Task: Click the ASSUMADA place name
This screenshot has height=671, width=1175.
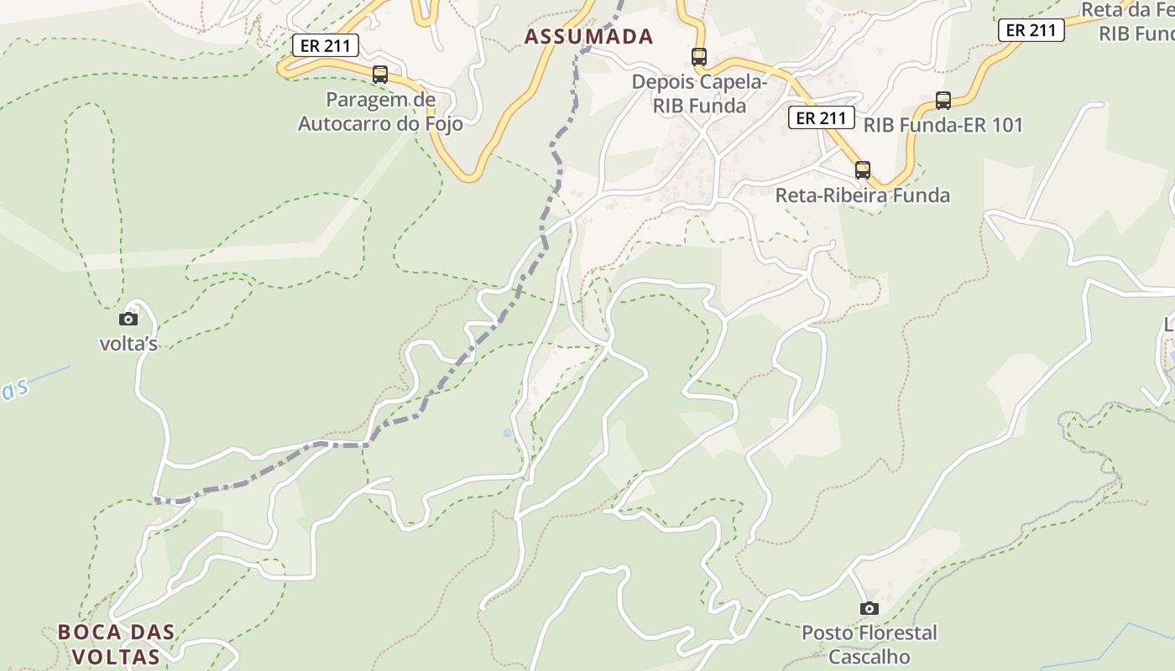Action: [588, 36]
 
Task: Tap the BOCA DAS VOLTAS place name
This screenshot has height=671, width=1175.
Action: [116, 643]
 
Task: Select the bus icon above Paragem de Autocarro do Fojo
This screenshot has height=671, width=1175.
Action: [380, 75]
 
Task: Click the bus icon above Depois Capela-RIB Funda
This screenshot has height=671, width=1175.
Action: [699, 57]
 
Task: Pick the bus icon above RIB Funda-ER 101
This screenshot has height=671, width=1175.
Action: [943, 101]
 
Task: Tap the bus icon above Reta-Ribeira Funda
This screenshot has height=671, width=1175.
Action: [863, 170]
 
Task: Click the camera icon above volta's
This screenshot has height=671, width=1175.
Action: [128, 319]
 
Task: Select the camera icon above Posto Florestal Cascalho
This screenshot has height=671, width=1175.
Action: [869, 608]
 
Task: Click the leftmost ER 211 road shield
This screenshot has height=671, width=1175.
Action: [326, 45]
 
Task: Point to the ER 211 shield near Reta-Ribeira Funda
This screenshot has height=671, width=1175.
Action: [822, 118]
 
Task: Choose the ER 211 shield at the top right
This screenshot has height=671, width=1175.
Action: [1031, 30]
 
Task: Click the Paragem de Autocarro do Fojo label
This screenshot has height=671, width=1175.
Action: [380, 112]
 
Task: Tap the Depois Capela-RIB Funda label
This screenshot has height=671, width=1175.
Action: [699, 94]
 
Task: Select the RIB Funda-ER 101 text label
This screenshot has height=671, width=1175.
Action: [943, 126]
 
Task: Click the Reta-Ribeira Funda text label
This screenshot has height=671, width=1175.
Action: [863, 195]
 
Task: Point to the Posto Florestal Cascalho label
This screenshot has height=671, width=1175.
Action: [869, 643]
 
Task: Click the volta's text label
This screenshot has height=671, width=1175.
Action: [128, 344]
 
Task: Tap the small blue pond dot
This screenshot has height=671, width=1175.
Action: [507, 433]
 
